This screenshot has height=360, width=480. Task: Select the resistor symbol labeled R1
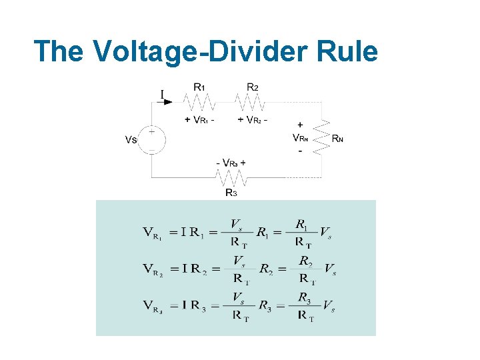[199, 102]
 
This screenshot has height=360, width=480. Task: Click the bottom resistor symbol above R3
[231, 178]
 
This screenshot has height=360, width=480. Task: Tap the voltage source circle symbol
[151, 140]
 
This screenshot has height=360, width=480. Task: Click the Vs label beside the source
[131, 140]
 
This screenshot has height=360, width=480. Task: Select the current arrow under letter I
[166, 102]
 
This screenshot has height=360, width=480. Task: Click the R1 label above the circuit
[199, 87]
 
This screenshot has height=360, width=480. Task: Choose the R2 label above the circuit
[253, 87]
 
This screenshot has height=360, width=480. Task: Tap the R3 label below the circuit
[231, 193]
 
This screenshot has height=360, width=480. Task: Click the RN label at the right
[338, 139]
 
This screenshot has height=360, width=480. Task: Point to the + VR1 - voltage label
[199, 120]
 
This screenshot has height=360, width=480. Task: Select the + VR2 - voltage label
[253, 120]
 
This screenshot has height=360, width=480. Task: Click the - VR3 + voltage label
[231, 163]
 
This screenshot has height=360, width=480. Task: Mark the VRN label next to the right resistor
[301, 138]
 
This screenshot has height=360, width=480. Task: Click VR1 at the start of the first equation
[152, 233]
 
